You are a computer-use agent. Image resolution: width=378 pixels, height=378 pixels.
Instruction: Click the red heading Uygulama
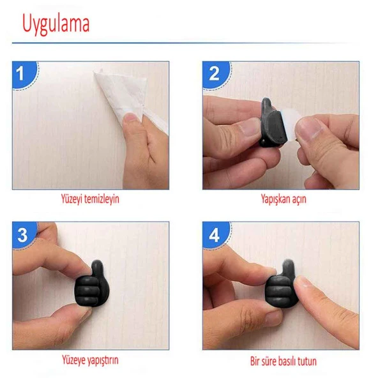[56, 24]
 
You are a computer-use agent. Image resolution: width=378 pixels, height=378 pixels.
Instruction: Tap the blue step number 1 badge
[24, 74]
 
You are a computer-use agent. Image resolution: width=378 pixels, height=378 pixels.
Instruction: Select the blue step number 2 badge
[216, 74]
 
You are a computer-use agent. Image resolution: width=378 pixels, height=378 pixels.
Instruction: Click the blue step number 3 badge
[24, 235]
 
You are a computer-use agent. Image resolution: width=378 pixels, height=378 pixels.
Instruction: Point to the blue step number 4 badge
[216, 235]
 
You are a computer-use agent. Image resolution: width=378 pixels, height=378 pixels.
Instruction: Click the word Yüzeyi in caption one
[71, 200]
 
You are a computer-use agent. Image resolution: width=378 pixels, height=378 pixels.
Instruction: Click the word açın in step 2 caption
[299, 200]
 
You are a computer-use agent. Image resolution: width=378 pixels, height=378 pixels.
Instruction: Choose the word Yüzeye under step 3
[73, 360]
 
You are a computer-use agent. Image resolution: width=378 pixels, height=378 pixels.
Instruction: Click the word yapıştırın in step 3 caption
[102, 361]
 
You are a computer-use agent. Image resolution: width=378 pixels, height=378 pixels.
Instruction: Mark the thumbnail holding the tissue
[132, 117]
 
